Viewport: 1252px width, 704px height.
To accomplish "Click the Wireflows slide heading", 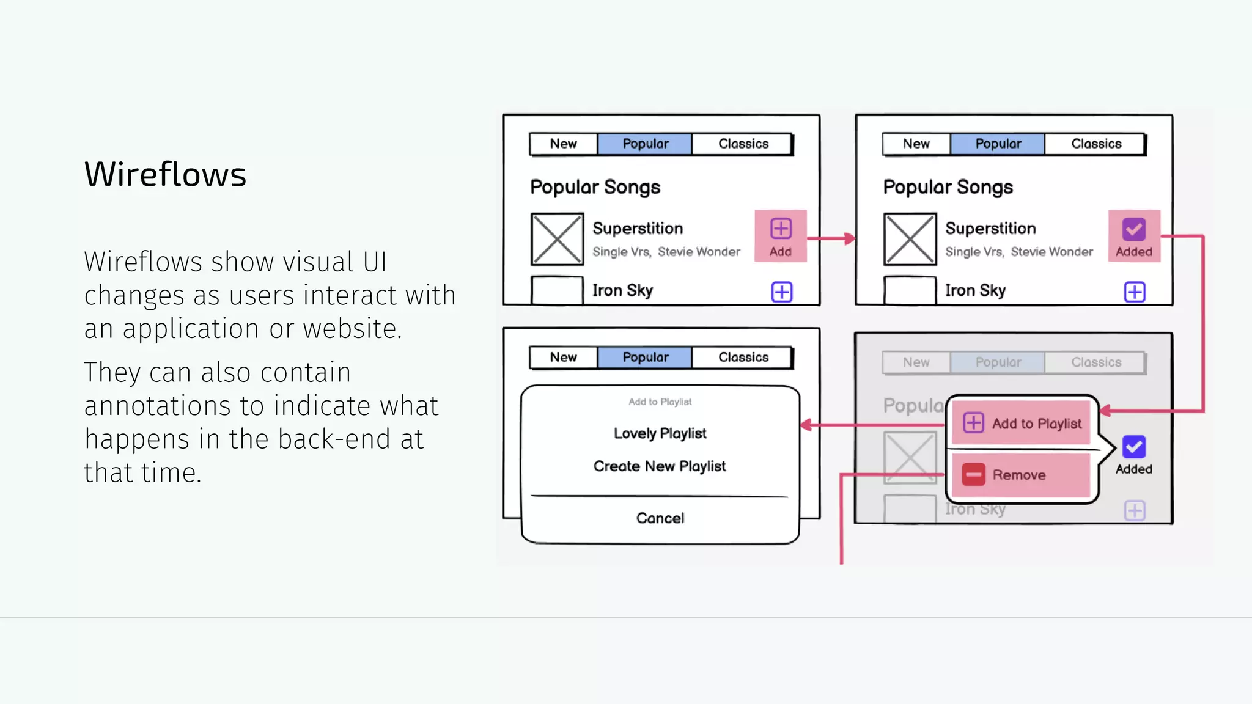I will pos(165,174).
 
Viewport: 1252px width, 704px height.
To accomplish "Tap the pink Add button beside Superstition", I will pos(781,236).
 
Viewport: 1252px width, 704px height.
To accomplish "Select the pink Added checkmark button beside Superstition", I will pos(1134,236).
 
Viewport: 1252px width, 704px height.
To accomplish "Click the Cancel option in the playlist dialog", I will pos(660,518).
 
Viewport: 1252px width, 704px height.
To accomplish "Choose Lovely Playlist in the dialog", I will pos(660,433).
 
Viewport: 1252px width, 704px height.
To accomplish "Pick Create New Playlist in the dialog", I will pos(660,466).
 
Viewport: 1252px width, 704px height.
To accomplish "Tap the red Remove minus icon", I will pos(973,475).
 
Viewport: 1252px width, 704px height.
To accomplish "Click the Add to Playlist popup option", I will pos(1022,423).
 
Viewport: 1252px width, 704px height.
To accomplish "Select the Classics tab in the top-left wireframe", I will pos(743,144).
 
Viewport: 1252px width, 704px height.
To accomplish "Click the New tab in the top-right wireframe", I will pos(916,144).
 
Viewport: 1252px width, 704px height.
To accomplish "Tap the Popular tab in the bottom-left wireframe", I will pos(645,357).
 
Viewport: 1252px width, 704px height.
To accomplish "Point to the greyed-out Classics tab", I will pos(1096,362).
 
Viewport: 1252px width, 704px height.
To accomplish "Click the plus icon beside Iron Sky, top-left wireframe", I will pos(782,291).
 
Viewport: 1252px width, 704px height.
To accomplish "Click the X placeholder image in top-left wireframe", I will pos(557,239).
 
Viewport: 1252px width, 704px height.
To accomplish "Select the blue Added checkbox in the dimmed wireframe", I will pos(1134,447).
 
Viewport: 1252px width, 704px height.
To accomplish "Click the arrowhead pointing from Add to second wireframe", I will pos(849,238).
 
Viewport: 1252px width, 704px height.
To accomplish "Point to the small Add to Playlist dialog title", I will pos(660,402).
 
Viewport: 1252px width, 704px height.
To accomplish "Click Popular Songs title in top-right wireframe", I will pos(948,187).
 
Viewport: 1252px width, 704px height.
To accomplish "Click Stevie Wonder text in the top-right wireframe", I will pos(1051,252).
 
